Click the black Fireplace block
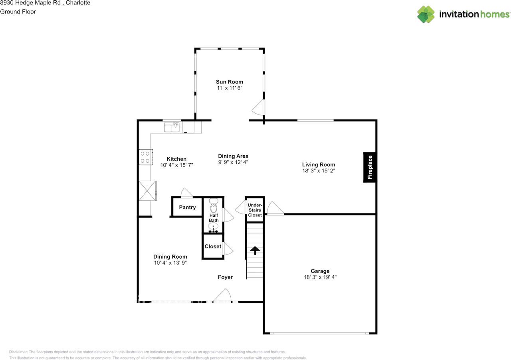369,168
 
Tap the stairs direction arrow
255,250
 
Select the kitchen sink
172,127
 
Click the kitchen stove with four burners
145,157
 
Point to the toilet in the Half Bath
214,206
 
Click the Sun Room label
229,82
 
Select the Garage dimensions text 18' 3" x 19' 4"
321,277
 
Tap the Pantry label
187,207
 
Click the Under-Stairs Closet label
255,210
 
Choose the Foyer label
225,277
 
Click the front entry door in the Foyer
222,296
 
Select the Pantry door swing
186,193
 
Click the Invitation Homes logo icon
426,14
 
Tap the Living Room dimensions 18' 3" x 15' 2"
318,171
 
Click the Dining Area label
233,156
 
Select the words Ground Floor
18,12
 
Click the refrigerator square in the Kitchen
147,191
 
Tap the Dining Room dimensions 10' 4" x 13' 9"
170,263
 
